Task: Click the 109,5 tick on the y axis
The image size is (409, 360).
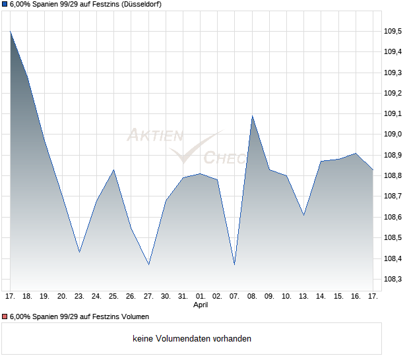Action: (393, 31)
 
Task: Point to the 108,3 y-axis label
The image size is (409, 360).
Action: (393, 279)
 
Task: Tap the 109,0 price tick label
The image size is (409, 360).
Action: (393, 134)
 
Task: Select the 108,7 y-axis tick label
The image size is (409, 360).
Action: (393, 196)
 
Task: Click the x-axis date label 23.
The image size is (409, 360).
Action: (79, 296)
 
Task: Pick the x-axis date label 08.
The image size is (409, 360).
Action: (251, 296)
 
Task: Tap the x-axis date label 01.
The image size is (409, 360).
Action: (200, 296)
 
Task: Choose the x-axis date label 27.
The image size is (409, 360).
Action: (148, 296)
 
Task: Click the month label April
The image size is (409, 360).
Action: (200, 305)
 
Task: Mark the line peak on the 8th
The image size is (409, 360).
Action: (252, 116)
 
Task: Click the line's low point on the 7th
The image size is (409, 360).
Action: (234, 264)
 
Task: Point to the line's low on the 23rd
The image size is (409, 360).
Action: (79, 252)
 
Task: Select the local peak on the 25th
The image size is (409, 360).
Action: (114, 170)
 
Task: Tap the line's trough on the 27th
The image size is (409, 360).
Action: (148, 264)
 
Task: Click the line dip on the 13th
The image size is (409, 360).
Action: (303, 215)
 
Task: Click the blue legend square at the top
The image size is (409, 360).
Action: (5, 5)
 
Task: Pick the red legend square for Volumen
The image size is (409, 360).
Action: (5, 316)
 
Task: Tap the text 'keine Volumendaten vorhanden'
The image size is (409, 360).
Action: (192, 339)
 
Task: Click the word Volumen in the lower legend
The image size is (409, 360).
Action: (134, 316)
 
